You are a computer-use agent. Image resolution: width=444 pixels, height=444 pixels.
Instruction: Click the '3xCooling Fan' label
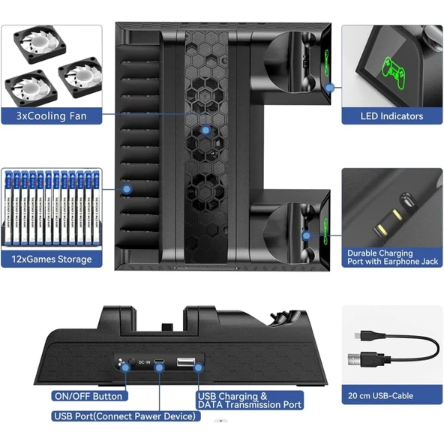[51, 115]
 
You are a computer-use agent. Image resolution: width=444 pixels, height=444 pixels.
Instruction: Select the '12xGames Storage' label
[51, 259]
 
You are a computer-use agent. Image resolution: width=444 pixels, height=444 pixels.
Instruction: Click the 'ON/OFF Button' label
[87, 396]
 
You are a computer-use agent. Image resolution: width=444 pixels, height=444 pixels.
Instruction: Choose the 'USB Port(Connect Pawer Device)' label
[126, 415]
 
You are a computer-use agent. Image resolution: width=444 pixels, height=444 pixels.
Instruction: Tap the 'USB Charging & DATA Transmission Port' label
[249, 400]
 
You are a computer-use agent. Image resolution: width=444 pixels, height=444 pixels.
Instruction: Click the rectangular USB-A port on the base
[184, 364]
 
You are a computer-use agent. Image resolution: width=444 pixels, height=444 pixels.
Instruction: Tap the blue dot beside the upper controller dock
[328, 88]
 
